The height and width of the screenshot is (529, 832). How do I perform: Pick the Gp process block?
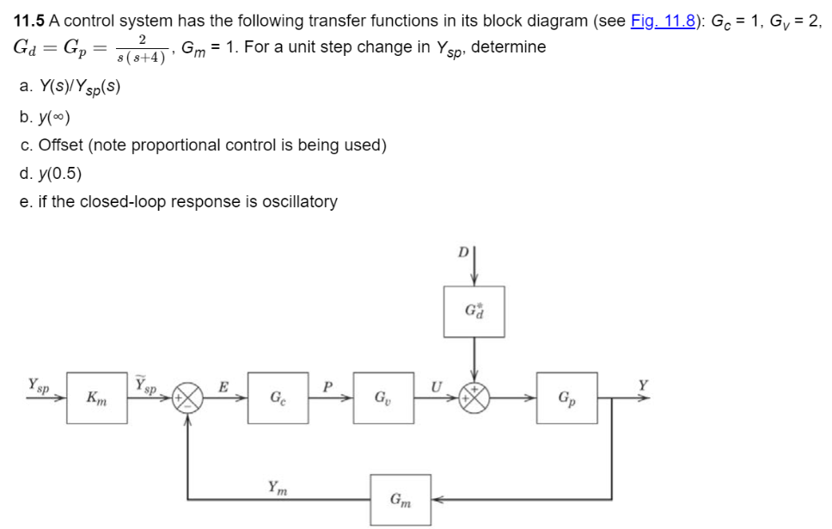[566, 397]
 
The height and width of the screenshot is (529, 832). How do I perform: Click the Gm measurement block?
[401, 499]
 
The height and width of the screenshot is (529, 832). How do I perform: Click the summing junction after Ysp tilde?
[188, 398]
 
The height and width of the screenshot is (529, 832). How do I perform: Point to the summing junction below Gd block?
[474, 398]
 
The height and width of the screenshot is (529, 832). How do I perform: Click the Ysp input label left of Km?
[38, 384]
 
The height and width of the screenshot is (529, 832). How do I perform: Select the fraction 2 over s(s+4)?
[141, 48]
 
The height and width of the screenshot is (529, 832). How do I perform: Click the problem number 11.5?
[30, 21]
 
